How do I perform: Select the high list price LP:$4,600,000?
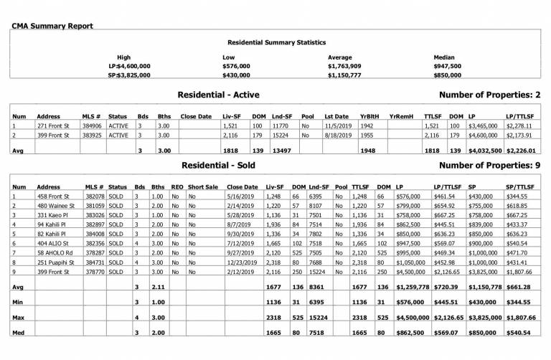(129, 65)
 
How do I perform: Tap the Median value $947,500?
(450, 65)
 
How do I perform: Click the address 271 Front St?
(51, 125)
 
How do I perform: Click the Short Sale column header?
(202, 186)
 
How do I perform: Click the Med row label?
(19, 332)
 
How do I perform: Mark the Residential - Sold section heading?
(215, 164)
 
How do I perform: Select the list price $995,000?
(409, 252)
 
